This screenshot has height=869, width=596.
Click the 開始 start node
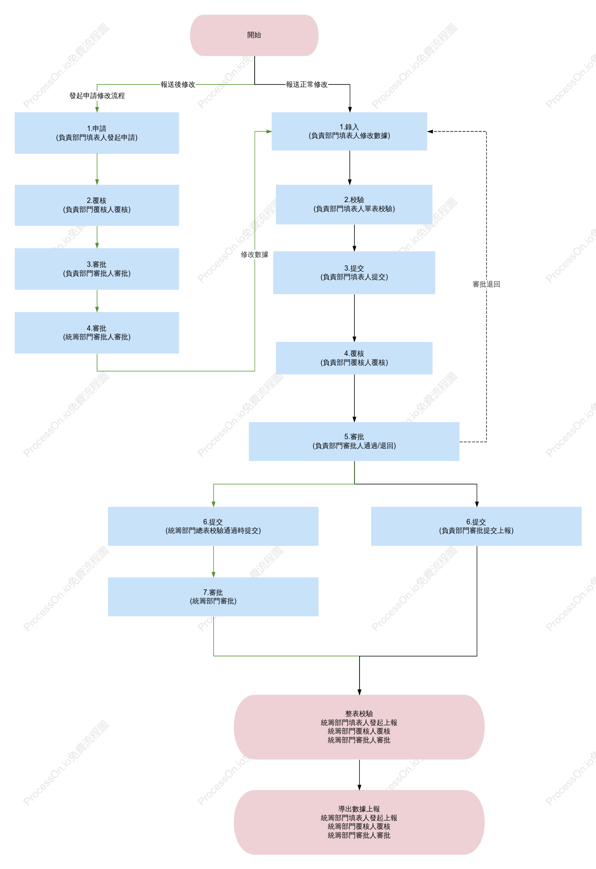254,35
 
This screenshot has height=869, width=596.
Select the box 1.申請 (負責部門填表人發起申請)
97,133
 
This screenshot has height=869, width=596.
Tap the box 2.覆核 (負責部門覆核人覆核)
97,205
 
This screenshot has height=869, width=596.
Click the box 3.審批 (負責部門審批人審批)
97,269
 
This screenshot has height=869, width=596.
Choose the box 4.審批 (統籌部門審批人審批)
97,333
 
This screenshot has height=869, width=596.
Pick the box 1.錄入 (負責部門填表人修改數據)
349,131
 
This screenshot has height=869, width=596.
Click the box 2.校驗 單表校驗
354,204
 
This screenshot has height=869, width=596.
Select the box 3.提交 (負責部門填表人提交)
354,273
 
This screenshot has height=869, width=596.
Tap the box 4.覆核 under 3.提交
354,358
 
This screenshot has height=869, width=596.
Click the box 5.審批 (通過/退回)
354,441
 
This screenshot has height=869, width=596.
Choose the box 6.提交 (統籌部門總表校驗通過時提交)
213,526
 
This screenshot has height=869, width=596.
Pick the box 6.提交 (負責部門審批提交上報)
476,526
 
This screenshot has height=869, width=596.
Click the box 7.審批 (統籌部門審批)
213,597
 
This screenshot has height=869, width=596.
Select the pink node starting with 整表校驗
359,727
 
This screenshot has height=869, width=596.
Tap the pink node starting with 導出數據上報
359,822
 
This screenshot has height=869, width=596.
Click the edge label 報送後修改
178,84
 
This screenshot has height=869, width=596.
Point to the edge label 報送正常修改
307,84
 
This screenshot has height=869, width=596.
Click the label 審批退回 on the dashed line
486,284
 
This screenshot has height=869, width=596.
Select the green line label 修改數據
255,254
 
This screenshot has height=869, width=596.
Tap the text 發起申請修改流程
97,96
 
